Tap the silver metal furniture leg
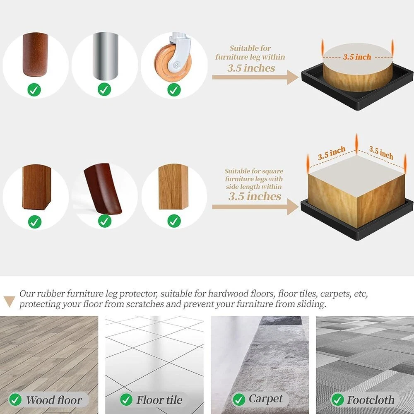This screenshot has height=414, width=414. coord(105,56)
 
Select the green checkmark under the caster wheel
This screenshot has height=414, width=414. coord(174,90)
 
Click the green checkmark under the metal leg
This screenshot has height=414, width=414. coord(104,89)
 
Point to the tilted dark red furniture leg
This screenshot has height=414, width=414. coord(102,188)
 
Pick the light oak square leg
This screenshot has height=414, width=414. coord(173,186)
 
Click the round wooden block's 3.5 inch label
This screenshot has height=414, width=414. coord(357,57)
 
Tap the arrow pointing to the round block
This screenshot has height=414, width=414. coord(255,77)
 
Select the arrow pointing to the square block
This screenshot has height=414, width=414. coord(255,207)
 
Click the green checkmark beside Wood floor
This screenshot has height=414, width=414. coord(15,400)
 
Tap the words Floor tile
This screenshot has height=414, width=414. coord(159,400)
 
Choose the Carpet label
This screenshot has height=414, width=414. coord(266,399)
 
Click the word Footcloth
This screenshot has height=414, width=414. coord(371,400)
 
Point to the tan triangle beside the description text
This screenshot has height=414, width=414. coord(10,301)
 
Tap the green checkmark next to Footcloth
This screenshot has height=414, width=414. coord(338,400)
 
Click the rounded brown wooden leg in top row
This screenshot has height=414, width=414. coord(35,55)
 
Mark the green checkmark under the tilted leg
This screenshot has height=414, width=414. coord(105,221)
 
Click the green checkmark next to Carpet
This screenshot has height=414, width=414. coord(239,400)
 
